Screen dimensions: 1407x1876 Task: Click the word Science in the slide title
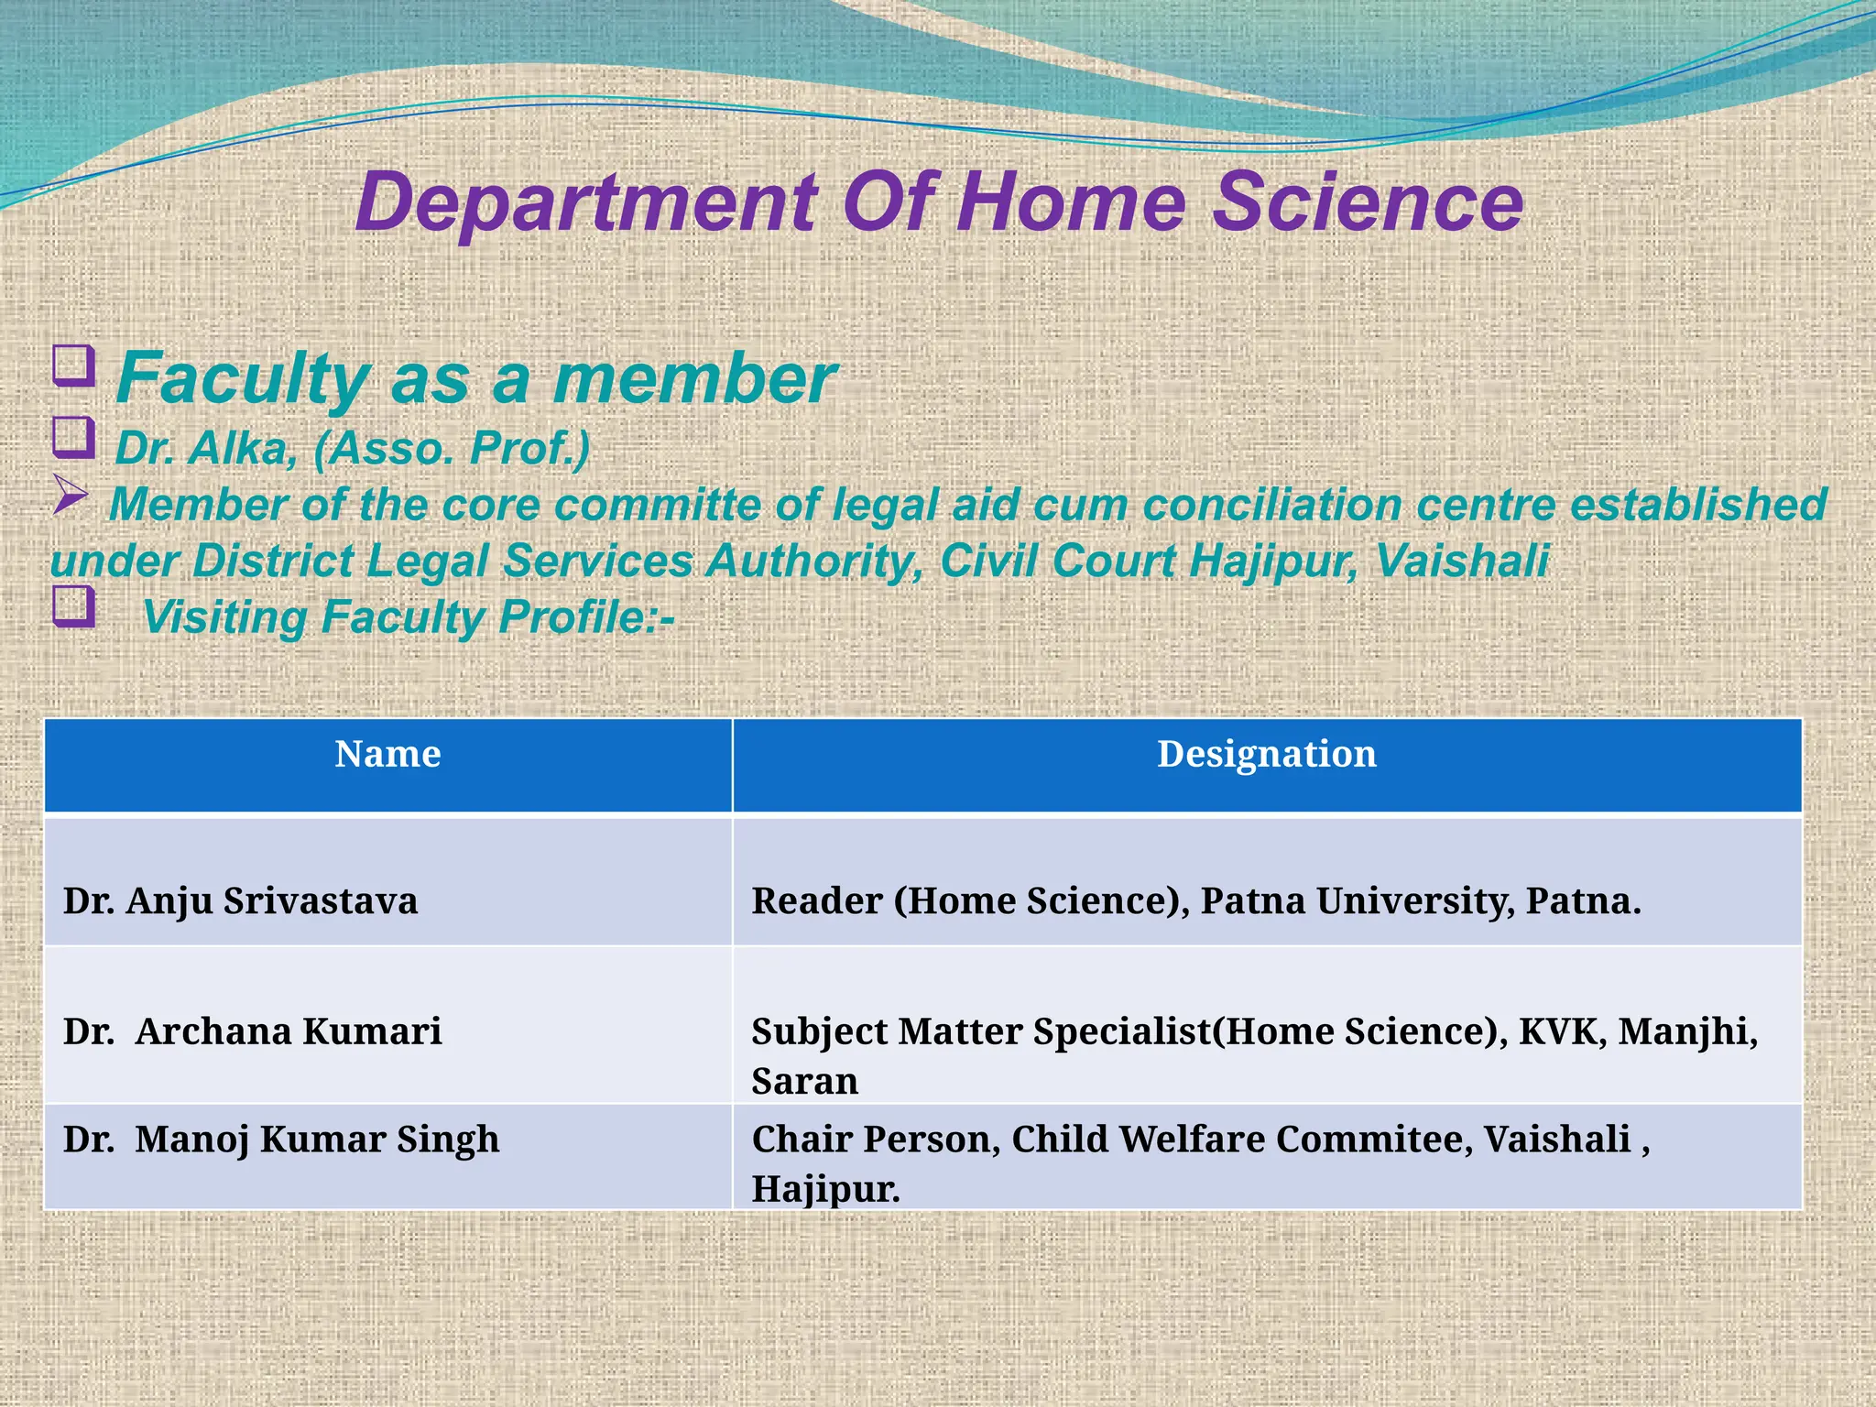1368,202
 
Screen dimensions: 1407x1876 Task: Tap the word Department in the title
586,202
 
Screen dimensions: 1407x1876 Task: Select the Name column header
387,755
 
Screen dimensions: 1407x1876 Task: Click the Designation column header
1266,755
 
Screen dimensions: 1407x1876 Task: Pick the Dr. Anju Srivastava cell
240,901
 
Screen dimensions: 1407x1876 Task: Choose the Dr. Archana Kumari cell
252,1031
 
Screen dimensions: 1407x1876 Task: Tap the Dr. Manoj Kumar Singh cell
281,1140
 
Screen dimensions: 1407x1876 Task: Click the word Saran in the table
804,1082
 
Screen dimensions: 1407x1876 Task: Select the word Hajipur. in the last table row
825,1190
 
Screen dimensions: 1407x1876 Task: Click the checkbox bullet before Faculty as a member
73,365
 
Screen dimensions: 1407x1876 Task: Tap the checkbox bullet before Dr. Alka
73,437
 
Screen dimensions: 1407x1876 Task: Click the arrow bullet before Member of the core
71,495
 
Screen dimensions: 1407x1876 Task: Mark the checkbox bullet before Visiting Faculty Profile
73,606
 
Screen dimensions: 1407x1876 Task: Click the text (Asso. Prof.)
452,449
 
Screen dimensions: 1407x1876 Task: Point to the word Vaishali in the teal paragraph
1462,561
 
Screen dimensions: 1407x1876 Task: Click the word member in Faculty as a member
693,377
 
